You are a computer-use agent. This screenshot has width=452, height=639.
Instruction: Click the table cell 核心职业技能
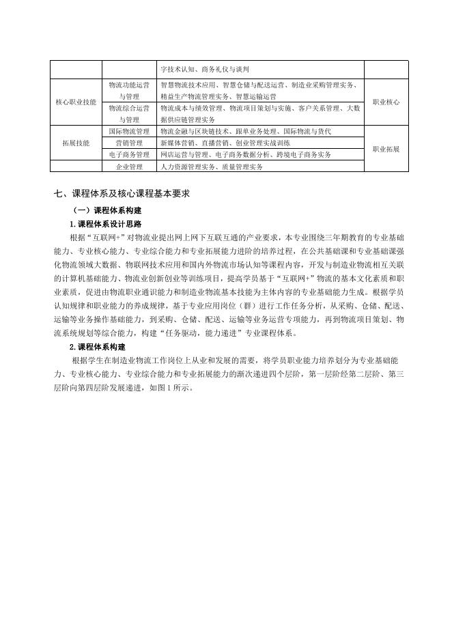pyautogui.click(x=76, y=102)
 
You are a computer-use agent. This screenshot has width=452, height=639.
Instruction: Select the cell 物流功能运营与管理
pyautogui.click(x=129, y=91)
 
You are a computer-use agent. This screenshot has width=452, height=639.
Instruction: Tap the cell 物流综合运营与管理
pyautogui.click(x=129, y=113)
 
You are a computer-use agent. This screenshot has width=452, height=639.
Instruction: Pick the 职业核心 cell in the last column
pyautogui.click(x=386, y=102)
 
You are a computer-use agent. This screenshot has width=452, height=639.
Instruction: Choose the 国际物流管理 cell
pyautogui.click(x=129, y=130)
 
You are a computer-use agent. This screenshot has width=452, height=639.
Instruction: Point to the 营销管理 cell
pyautogui.click(x=129, y=143)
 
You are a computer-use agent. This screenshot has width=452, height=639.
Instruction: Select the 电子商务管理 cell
pyautogui.click(x=129, y=155)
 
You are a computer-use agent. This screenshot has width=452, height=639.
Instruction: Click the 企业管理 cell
pyautogui.click(x=129, y=167)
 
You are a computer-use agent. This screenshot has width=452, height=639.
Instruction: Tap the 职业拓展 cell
pyautogui.click(x=386, y=148)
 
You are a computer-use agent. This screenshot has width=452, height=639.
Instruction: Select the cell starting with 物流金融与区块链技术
pyautogui.click(x=246, y=130)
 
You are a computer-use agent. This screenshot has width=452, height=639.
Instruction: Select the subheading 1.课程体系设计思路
pyautogui.click(x=105, y=224)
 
